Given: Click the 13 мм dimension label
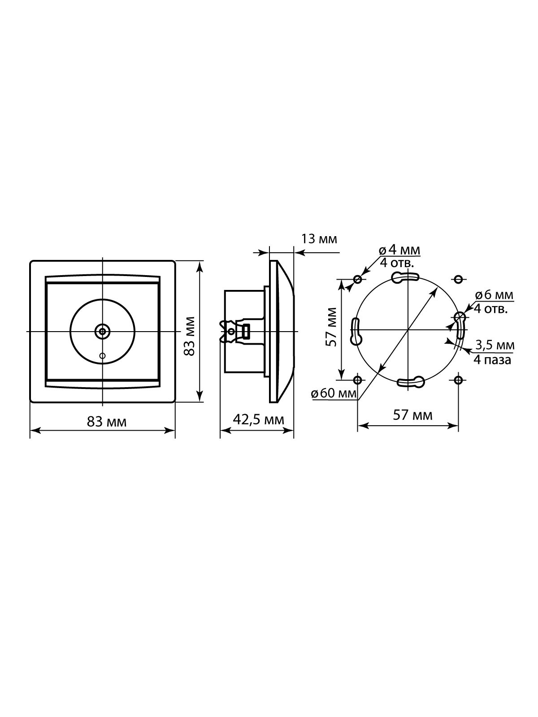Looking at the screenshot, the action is pos(318,239).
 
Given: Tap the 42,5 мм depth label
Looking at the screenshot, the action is pos(258,420).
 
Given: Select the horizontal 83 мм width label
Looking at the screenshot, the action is pos(107,422).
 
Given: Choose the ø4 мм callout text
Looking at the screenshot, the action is pos(399,251).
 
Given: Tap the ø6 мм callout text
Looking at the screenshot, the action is pos(494,295).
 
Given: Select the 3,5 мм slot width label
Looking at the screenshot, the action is pos(495,345).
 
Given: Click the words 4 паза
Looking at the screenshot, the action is pos(492,360).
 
